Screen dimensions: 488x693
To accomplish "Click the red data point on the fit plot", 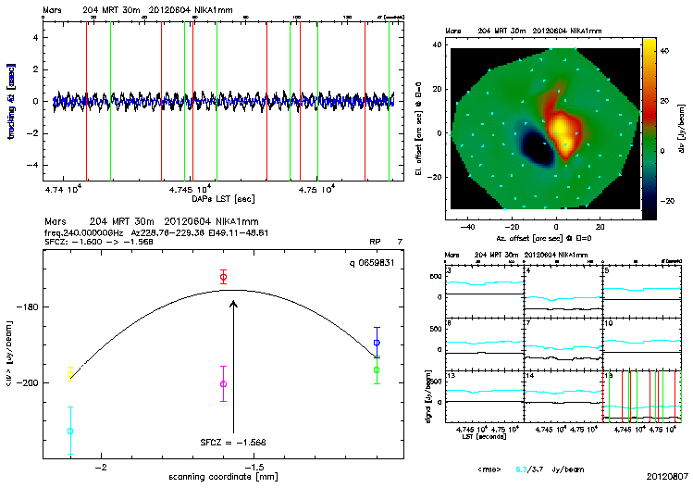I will click(223, 277).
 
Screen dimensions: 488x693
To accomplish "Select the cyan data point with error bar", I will click(70, 431).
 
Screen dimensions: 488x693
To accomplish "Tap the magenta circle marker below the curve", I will click(223, 383).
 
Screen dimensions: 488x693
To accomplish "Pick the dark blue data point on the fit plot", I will click(377, 343).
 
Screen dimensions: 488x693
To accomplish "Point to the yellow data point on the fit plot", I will click(70, 373).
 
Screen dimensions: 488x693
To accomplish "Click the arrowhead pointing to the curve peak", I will click(233, 303).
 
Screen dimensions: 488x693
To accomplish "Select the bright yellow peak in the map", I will click(560, 121).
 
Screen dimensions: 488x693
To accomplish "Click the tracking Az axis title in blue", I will click(10, 102).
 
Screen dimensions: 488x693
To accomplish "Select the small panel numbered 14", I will click(563, 397).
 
